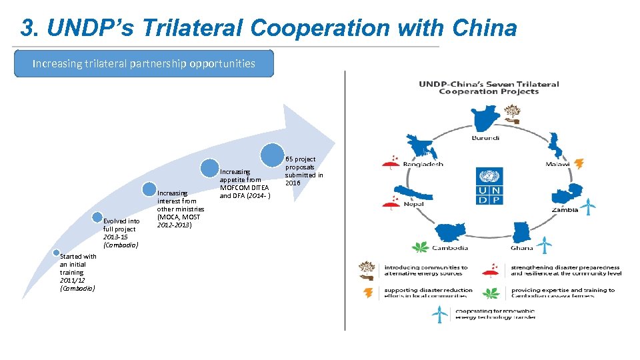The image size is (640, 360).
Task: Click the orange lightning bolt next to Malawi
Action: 579,163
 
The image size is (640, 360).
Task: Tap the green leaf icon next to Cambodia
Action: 420,247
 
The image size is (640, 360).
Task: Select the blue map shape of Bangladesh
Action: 417,147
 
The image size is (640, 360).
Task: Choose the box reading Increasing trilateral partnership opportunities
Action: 144,64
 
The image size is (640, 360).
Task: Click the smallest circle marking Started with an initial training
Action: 57,251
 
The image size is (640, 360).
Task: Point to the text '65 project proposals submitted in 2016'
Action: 304,171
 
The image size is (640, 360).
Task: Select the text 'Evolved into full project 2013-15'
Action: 121,233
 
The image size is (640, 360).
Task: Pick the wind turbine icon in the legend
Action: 439,313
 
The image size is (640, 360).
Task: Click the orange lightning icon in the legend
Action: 367,293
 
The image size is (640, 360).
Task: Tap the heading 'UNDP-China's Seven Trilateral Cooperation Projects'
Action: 489,87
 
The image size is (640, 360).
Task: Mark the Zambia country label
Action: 565,209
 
